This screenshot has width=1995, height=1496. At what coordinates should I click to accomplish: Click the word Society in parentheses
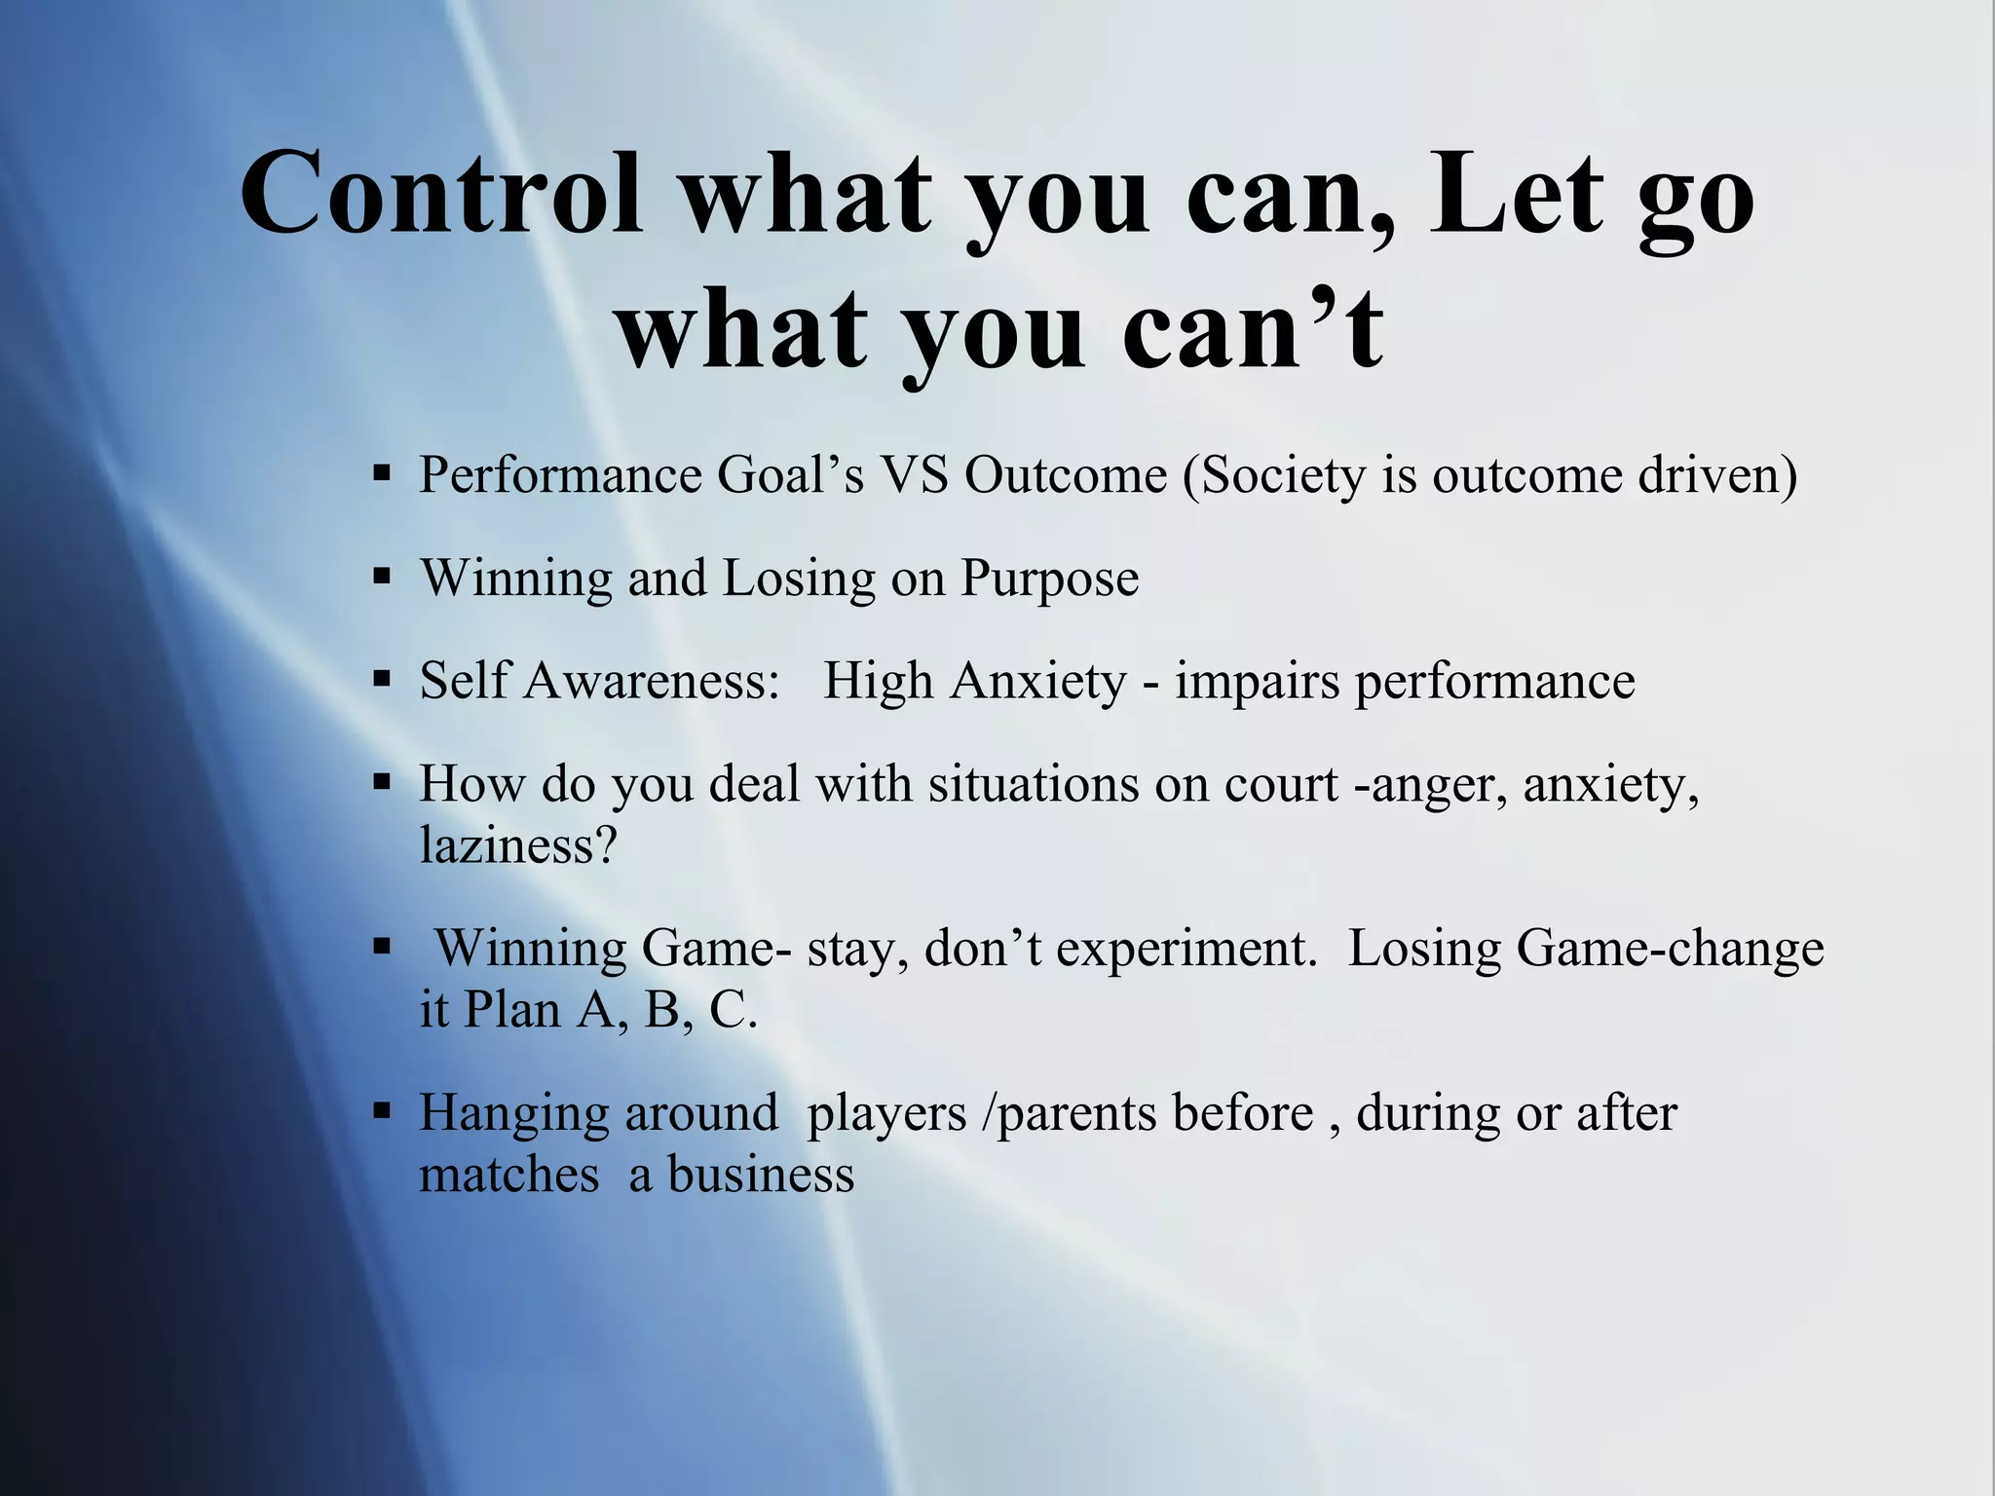1276,477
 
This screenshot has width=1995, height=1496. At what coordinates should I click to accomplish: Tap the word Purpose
1049,580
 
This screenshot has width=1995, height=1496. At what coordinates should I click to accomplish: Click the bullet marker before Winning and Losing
382,576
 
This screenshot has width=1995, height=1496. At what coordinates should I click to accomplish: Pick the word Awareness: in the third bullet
652,681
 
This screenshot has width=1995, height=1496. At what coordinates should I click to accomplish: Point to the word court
1281,784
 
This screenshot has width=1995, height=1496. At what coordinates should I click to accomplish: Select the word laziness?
518,844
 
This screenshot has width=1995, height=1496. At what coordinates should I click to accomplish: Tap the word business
760,1175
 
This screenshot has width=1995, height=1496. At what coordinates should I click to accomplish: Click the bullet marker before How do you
382,781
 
